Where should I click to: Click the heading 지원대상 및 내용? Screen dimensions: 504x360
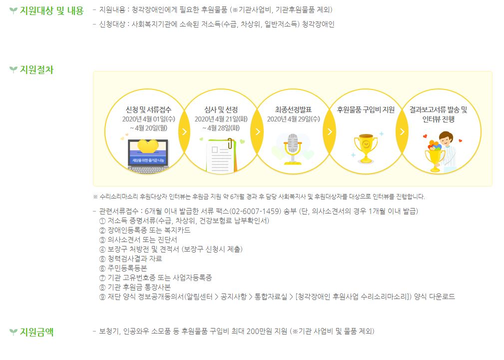click(x=52, y=10)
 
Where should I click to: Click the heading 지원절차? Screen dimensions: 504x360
click(x=36, y=69)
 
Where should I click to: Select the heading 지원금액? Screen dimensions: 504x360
click(x=36, y=331)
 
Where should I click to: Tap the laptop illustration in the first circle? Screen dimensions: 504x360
click(x=148, y=155)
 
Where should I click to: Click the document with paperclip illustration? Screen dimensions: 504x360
click(x=221, y=155)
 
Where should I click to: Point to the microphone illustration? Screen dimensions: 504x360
click(x=293, y=149)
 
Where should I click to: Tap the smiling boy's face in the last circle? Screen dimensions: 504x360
click(x=446, y=139)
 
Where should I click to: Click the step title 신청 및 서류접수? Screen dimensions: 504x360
click(x=148, y=109)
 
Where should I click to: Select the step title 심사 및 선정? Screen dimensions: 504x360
click(x=221, y=109)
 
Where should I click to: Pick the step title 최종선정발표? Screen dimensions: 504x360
click(x=294, y=109)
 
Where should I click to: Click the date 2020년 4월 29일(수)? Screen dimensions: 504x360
click(x=294, y=119)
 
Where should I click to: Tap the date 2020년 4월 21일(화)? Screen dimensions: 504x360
click(x=221, y=119)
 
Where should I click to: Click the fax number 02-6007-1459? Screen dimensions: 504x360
click(x=256, y=211)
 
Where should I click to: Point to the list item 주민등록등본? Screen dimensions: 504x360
click(x=127, y=268)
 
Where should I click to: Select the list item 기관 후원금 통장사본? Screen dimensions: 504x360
click(x=139, y=287)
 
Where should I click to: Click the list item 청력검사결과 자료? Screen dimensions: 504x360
click(x=135, y=258)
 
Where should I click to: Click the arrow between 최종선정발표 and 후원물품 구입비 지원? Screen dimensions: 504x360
click(x=330, y=131)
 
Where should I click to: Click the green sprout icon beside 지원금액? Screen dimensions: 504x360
click(x=13, y=331)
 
